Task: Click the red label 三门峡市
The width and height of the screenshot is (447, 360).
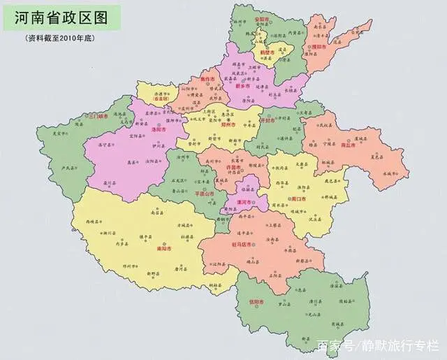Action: (96, 116)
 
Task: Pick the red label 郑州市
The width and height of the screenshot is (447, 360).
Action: (228, 125)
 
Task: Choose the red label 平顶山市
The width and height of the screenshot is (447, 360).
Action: (207, 194)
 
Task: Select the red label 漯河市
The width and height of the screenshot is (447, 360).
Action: (246, 199)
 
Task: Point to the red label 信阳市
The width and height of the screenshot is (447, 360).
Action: (258, 302)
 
